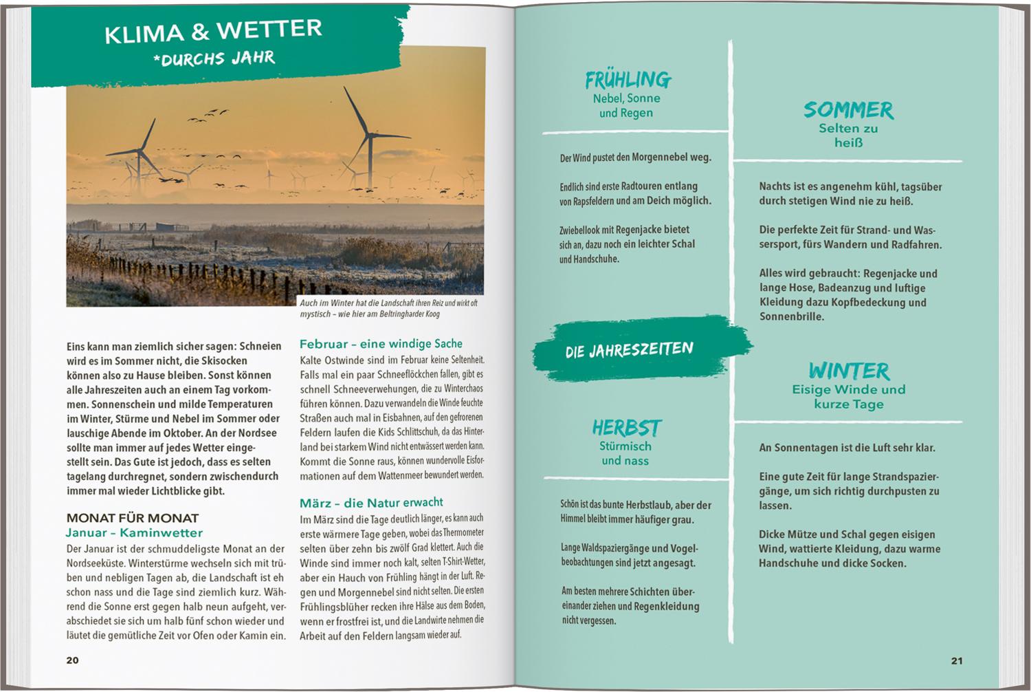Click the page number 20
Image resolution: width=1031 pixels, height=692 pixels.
tap(72, 660)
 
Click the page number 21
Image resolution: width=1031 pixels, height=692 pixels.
tap(957, 661)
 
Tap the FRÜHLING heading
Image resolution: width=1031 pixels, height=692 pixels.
tap(628, 80)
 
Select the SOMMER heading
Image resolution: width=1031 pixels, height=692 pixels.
tap(848, 110)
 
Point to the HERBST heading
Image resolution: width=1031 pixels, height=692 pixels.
tap(626, 428)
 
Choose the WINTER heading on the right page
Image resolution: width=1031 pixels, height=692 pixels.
tap(849, 371)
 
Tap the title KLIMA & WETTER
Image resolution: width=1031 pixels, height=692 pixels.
tap(213, 32)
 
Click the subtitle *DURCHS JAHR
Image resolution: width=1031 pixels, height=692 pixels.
tap(214, 58)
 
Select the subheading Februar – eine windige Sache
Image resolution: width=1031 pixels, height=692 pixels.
tap(381, 344)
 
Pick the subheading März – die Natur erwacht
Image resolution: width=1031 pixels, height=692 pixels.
tap(371, 503)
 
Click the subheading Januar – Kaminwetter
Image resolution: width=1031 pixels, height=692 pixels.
tap(134, 533)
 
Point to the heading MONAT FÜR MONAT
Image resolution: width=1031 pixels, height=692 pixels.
tap(133, 518)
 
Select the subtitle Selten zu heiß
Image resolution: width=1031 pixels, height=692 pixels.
tap(848, 136)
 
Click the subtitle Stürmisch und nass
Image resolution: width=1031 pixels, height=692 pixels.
tap(625, 453)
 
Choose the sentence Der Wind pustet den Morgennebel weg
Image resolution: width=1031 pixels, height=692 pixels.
tap(635, 158)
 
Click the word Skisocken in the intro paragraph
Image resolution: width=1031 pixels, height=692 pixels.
tap(223, 360)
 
